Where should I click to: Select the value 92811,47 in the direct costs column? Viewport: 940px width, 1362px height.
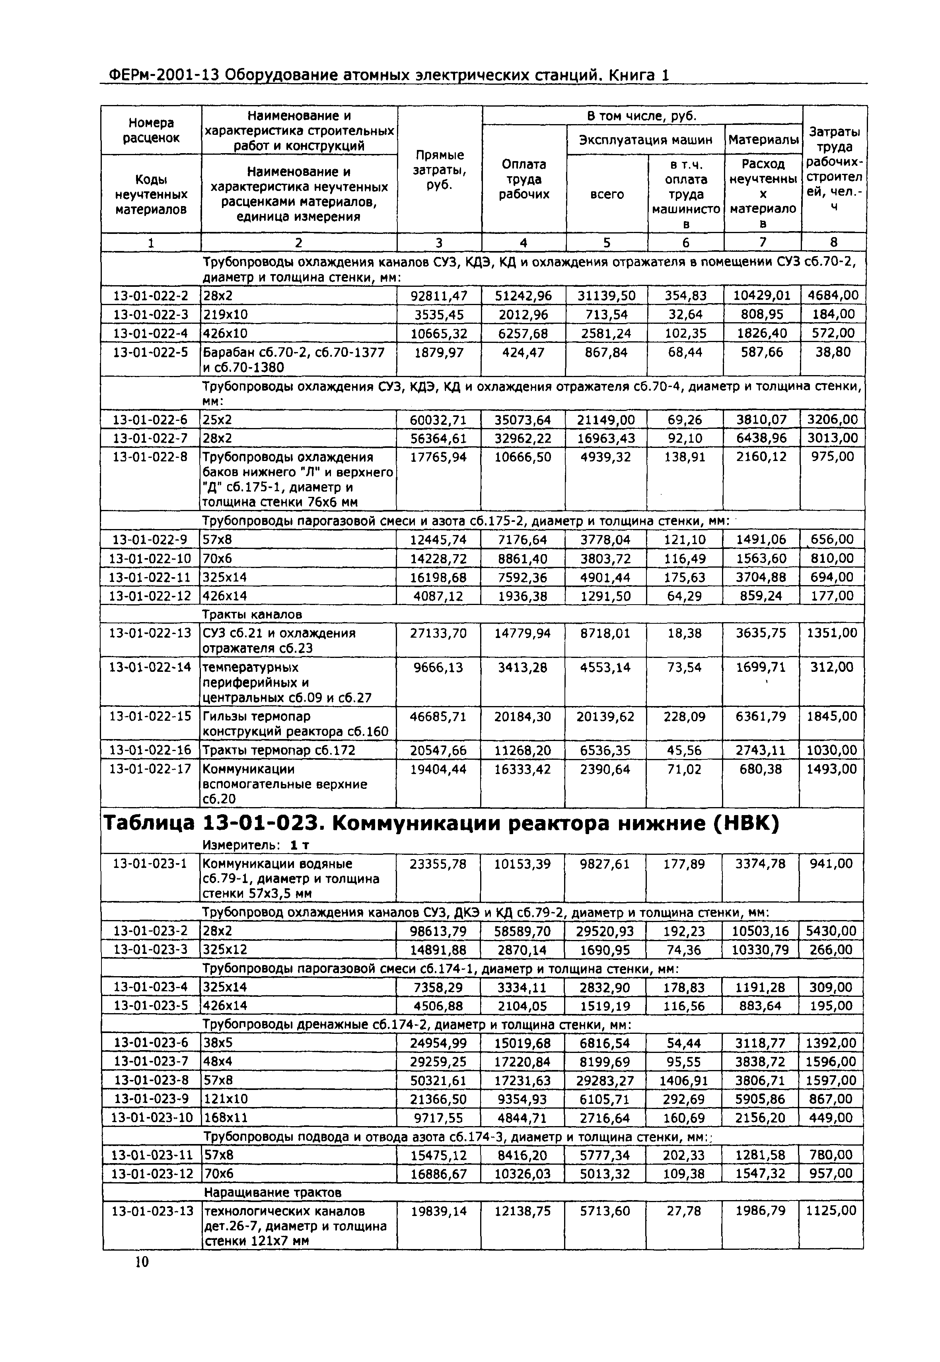pyautogui.click(x=439, y=296)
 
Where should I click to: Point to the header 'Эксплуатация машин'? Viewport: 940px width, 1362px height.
pyautogui.click(x=646, y=140)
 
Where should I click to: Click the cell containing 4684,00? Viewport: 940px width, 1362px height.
pyautogui.click(x=833, y=296)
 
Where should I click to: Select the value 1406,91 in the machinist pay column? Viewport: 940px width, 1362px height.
pyautogui.click(x=684, y=1080)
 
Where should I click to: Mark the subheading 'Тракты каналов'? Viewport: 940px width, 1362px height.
pyautogui.click(x=252, y=614)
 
